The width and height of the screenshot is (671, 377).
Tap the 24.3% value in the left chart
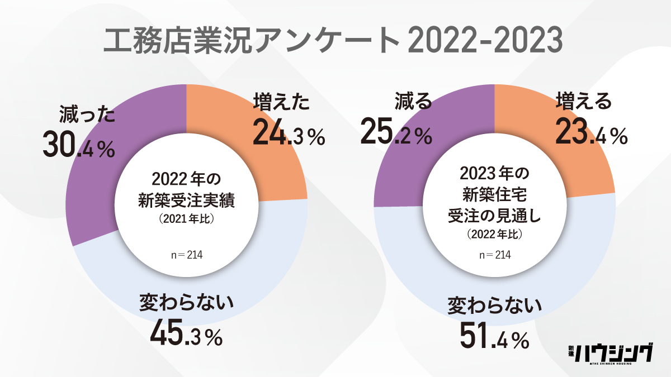(289, 133)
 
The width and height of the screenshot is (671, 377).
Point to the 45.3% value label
(186, 332)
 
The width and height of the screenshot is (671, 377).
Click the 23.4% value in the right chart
(591, 133)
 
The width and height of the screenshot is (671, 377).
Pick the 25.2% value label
(395, 133)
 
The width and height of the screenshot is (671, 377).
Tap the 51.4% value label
(494, 336)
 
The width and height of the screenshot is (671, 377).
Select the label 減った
(87, 116)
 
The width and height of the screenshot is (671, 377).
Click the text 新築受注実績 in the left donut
(186, 201)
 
